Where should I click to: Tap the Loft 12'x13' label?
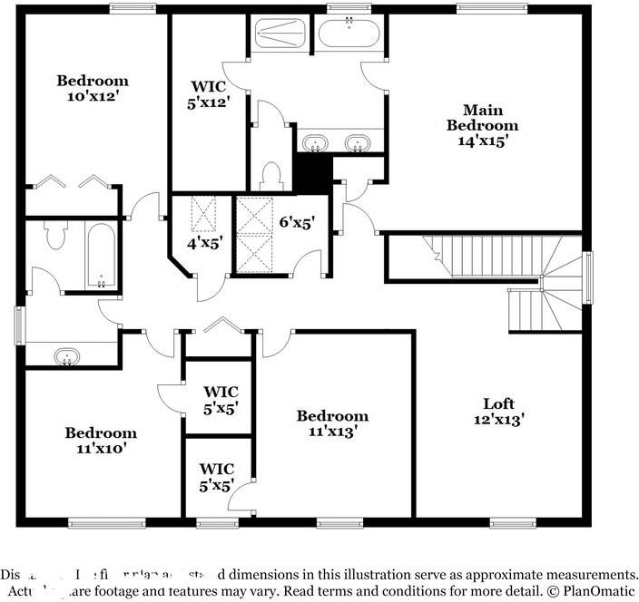pyautogui.click(x=498, y=412)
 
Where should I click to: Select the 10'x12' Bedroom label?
pyautogui.click(x=92, y=88)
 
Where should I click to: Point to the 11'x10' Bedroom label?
pyautogui.click(x=101, y=440)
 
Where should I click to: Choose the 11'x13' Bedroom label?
pyautogui.click(x=333, y=423)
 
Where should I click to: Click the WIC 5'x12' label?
pyautogui.click(x=209, y=94)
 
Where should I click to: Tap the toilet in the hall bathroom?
pyautogui.click(x=55, y=237)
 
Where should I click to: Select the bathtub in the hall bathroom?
pyautogui.click(x=101, y=256)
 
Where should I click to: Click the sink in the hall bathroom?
pyautogui.click(x=66, y=356)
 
